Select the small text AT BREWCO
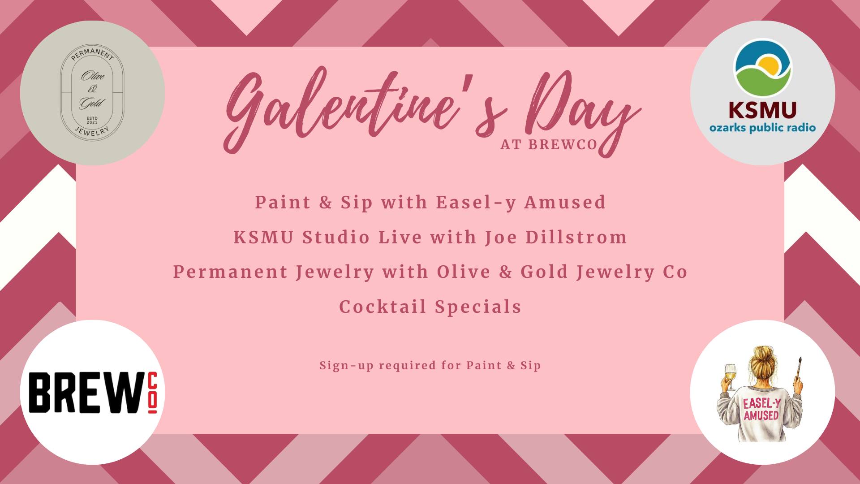click(549, 145)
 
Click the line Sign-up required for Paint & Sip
click(430, 366)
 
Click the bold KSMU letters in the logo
click(762, 109)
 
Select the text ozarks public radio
click(762, 128)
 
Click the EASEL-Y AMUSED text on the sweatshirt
click(761, 409)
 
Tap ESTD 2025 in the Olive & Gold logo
click(92, 120)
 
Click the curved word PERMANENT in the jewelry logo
click(92, 56)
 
